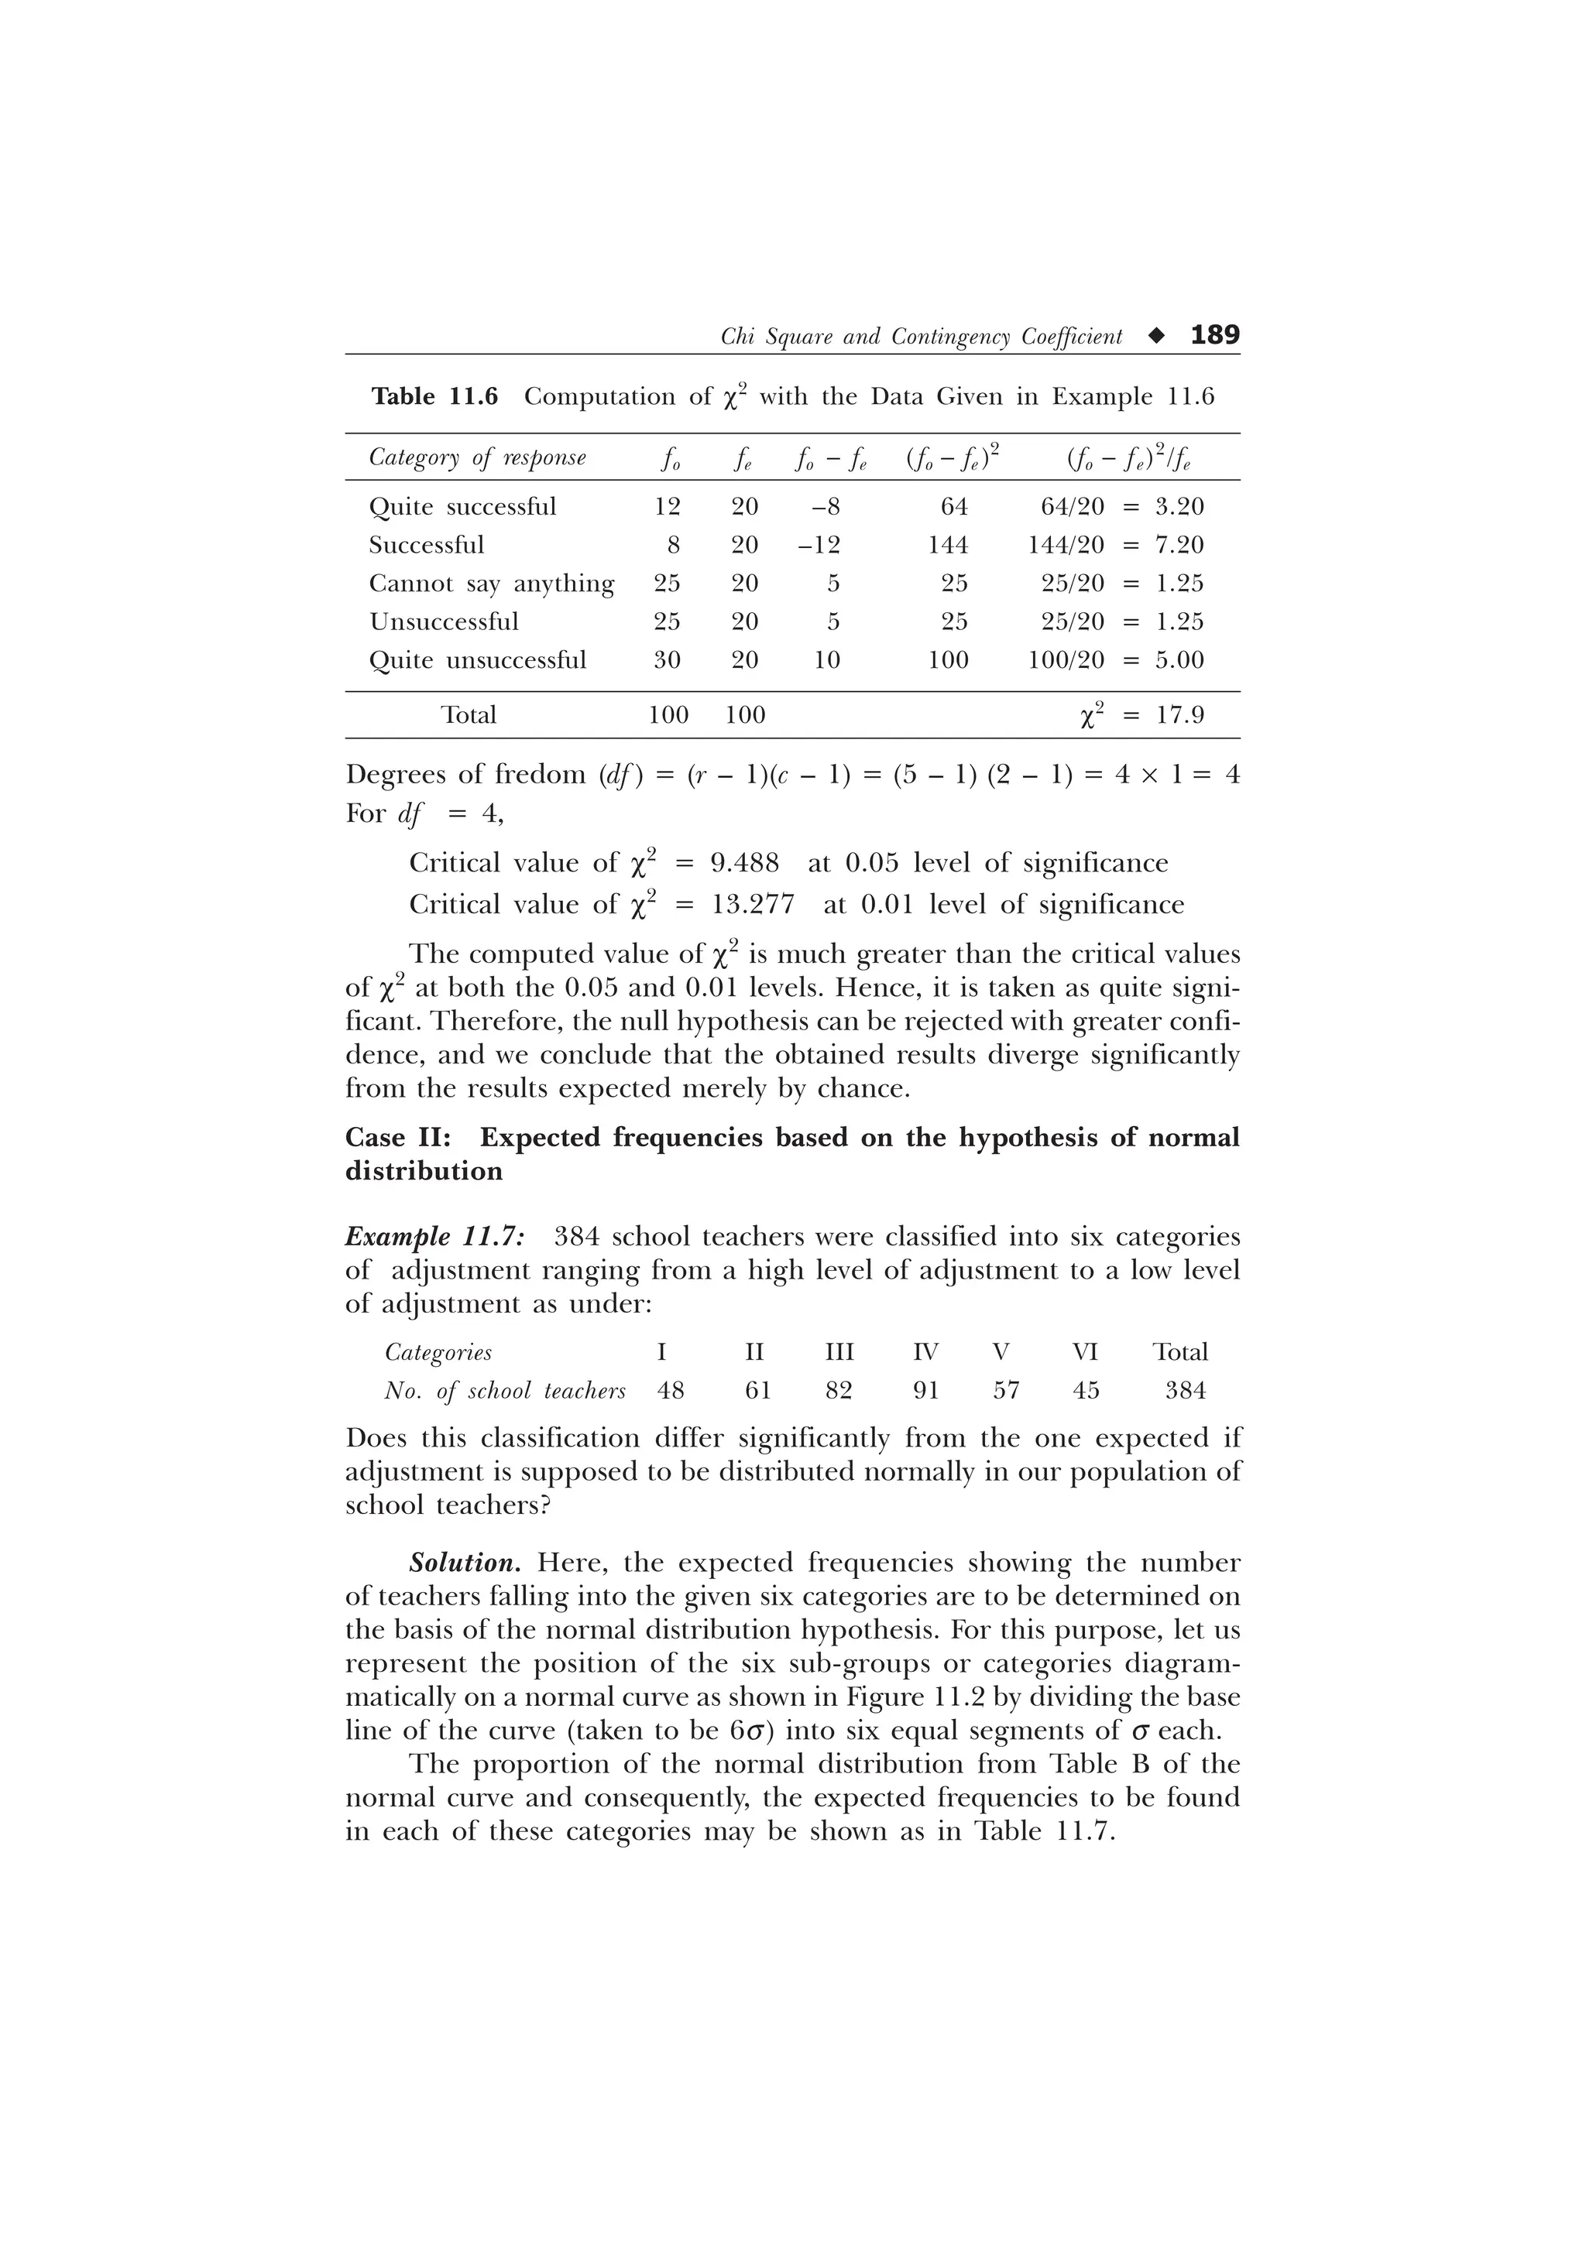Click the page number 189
tap(1214, 335)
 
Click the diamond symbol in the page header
tap(1157, 336)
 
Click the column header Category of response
tap(477, 457)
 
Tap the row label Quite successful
tap(462, 507)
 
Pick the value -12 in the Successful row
tap(819, 545)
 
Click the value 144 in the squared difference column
tap(948, 545)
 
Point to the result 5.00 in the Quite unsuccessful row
tap(1179, 660)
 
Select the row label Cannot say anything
tap(492, 584)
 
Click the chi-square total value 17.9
tap(1179, 715)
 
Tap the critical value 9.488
tap(745, 864)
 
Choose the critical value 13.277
tap(753, 905)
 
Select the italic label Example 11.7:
tap(435, 1237)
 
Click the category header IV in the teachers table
tap(925, 1352)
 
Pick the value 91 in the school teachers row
tap(925, 1390)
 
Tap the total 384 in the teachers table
tap(1186, 1390)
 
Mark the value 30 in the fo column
tap(667, 660)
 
